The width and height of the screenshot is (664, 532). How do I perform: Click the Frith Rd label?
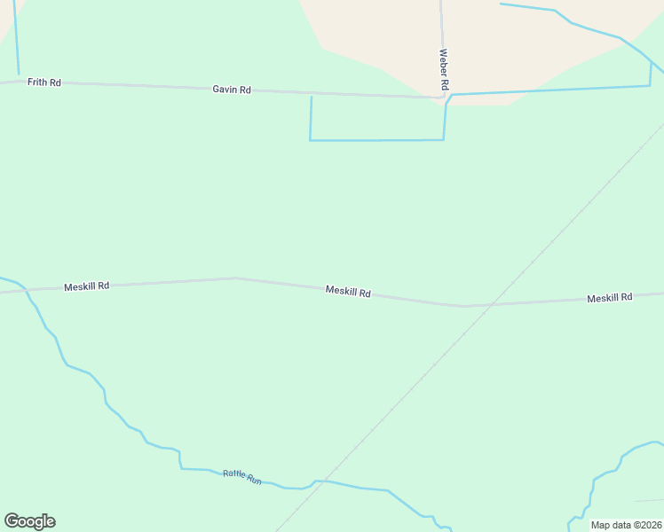(43, 82)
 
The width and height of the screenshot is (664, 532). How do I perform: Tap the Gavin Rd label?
(232, 90)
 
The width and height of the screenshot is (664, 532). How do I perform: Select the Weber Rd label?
(444, 69)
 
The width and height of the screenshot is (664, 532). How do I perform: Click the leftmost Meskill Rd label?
(86, 286)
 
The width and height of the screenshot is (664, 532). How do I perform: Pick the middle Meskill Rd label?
(348, 291)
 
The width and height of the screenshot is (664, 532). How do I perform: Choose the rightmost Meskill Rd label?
(609, 298)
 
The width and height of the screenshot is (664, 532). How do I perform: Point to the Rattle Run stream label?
(241, 477)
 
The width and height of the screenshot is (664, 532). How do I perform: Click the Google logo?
(29, 521)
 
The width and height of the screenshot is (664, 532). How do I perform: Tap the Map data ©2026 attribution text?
(626, 525)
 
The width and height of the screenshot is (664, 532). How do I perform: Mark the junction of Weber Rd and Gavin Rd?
(443, 97)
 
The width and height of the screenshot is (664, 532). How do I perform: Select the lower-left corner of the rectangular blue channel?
(310, 140)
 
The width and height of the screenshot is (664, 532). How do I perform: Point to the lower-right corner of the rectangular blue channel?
(443, 139)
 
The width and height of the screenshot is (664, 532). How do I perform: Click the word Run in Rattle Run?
(254, 480)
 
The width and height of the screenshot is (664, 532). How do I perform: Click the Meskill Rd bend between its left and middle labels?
(235, 278)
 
